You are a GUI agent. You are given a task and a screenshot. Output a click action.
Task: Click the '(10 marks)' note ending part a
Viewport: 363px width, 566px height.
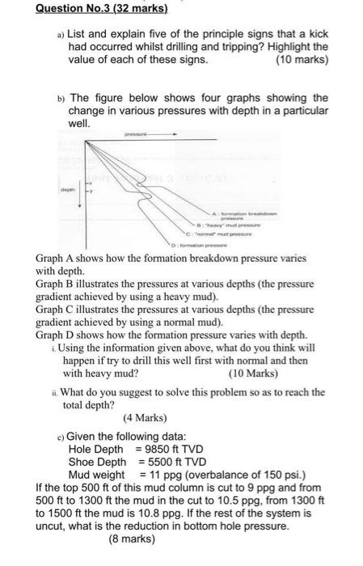click(302, 60)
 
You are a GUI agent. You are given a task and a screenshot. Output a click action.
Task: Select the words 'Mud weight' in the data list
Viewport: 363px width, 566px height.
click(97, 475)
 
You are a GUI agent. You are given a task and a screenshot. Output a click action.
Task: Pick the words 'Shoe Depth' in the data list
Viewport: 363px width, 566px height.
click(98, 462)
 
